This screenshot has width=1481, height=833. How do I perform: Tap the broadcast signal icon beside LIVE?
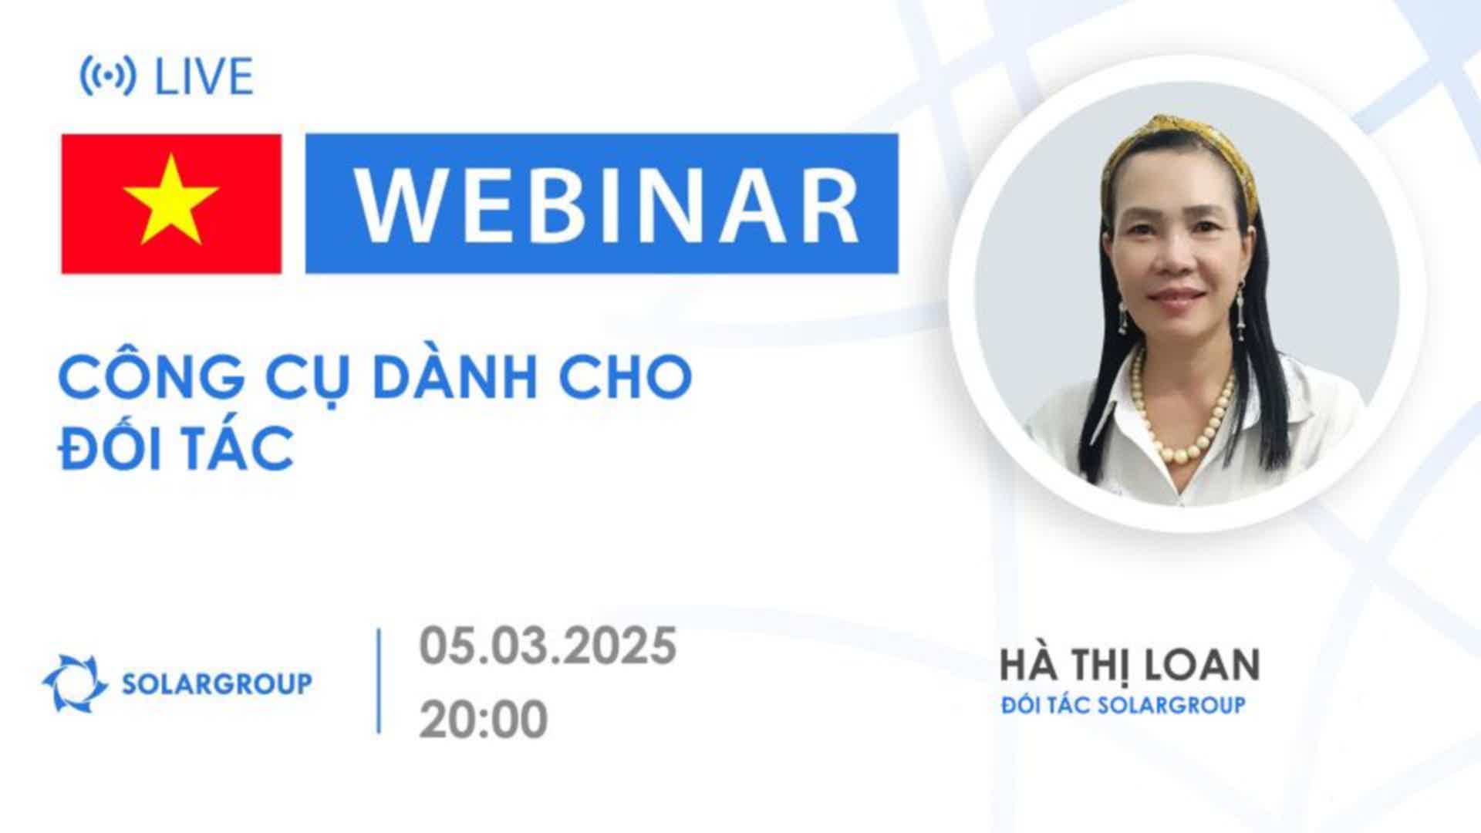coord(108,76)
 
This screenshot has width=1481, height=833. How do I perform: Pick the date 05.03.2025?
coord(548,646)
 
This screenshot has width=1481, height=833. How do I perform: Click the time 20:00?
coord(484,720)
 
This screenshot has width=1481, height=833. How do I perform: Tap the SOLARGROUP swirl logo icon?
coord(75,683)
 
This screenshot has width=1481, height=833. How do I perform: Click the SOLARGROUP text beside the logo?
coord(218,683)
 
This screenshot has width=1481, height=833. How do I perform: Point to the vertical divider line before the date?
coord(379,681)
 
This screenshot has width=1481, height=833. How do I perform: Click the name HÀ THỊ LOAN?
coord(1130,665)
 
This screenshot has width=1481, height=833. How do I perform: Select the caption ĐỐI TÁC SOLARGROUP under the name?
coord(1123,705)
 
